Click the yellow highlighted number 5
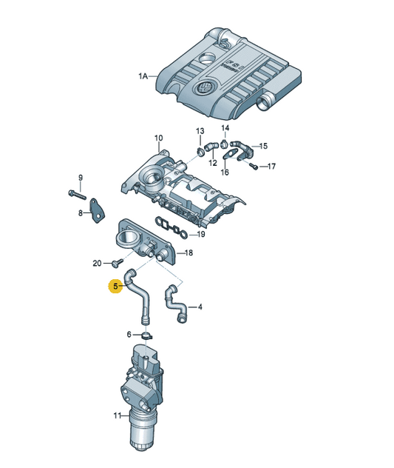[115, 287]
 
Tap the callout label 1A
[143, 76]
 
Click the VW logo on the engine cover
[203, 88]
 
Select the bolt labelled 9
[77, 195]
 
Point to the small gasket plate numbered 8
[98, 211]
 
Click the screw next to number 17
[254, 167]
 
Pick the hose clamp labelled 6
[146, 335]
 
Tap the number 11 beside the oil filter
[118, 415]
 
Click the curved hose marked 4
[175, 304]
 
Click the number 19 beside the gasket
[201, 234]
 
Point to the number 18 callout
[188, 253]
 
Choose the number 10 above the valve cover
[159, 138]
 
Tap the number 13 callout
[200, 131]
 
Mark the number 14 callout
[225, 128]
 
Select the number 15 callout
[263, 146]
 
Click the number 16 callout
[225, 173]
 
